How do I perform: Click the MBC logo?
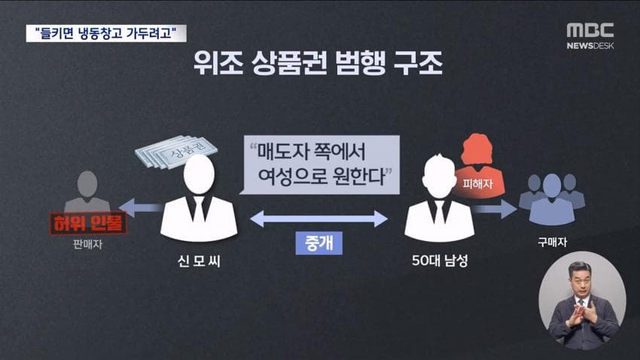[x=590, y=30]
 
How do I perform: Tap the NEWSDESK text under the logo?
[x=590, y=46]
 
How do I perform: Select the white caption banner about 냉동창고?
[x=106, y=33]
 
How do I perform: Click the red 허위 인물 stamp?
[x=88, y=223]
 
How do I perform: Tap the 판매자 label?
[x=87, y=245]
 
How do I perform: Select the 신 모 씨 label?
[x=199, y=261]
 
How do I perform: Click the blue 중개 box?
[x=318, y=243]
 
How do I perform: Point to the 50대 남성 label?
[x=440, y=261]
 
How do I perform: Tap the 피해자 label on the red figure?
[x=477, y=184]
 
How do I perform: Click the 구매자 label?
[x=552, y=242]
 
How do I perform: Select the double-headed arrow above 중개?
[x=318, y=218]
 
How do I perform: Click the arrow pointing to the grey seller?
[x=139, y=208]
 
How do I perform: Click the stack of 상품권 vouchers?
[x=176, y=152]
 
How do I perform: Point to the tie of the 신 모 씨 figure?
[x=200, y=209]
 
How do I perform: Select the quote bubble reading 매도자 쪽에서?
[x=319, y=164]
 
